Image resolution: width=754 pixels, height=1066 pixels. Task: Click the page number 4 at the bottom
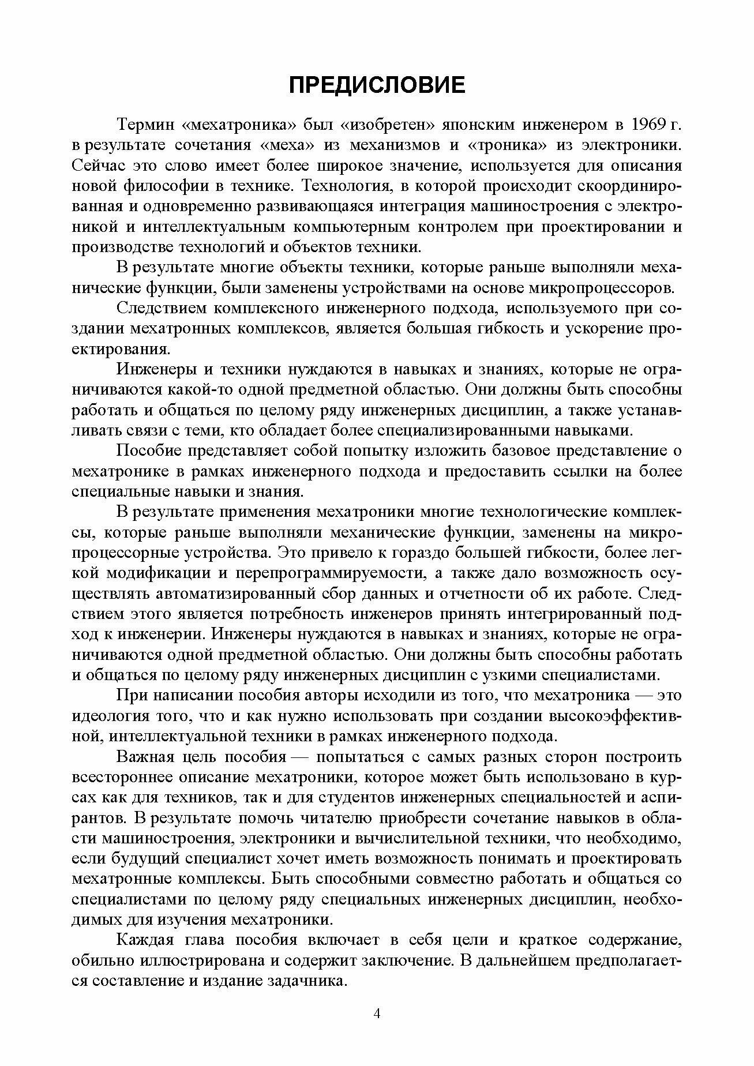click(x=377, y=1014)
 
